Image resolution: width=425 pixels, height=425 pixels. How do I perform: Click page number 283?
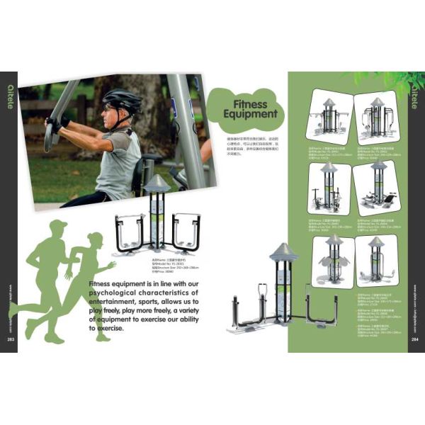point(11,339)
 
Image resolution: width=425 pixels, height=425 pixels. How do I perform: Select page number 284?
point(414,339)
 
